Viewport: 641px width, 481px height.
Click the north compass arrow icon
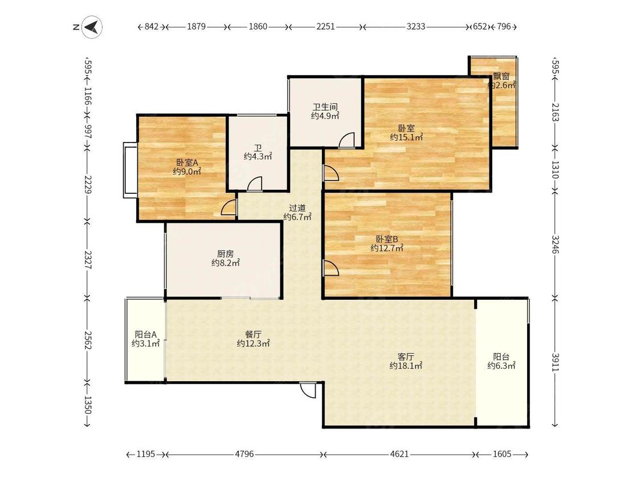pos(92,27)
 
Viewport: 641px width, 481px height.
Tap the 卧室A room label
pos(187,162)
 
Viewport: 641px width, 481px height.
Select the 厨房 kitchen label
pos(225,254)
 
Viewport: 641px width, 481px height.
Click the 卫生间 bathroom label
pos(325,107)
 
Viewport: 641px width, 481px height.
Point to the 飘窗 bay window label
pos(501,76)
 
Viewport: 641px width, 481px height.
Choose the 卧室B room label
pos(387,239)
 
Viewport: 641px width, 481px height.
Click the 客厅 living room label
pos(406,357)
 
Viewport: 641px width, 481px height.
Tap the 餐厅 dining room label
pos(254,334)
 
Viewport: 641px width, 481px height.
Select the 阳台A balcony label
pos(145,334)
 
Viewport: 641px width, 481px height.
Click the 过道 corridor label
pos(297,208)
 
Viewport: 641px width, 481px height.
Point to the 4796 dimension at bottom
pos(244,454)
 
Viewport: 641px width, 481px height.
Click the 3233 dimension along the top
pos(416,27)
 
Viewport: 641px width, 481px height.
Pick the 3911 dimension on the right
pos(555,362)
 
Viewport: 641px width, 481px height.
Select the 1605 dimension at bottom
pos(502,454)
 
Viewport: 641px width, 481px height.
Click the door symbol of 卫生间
pos(346,140)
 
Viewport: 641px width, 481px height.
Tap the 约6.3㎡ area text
pos(501,366)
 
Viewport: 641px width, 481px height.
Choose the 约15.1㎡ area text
pos(406,137)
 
